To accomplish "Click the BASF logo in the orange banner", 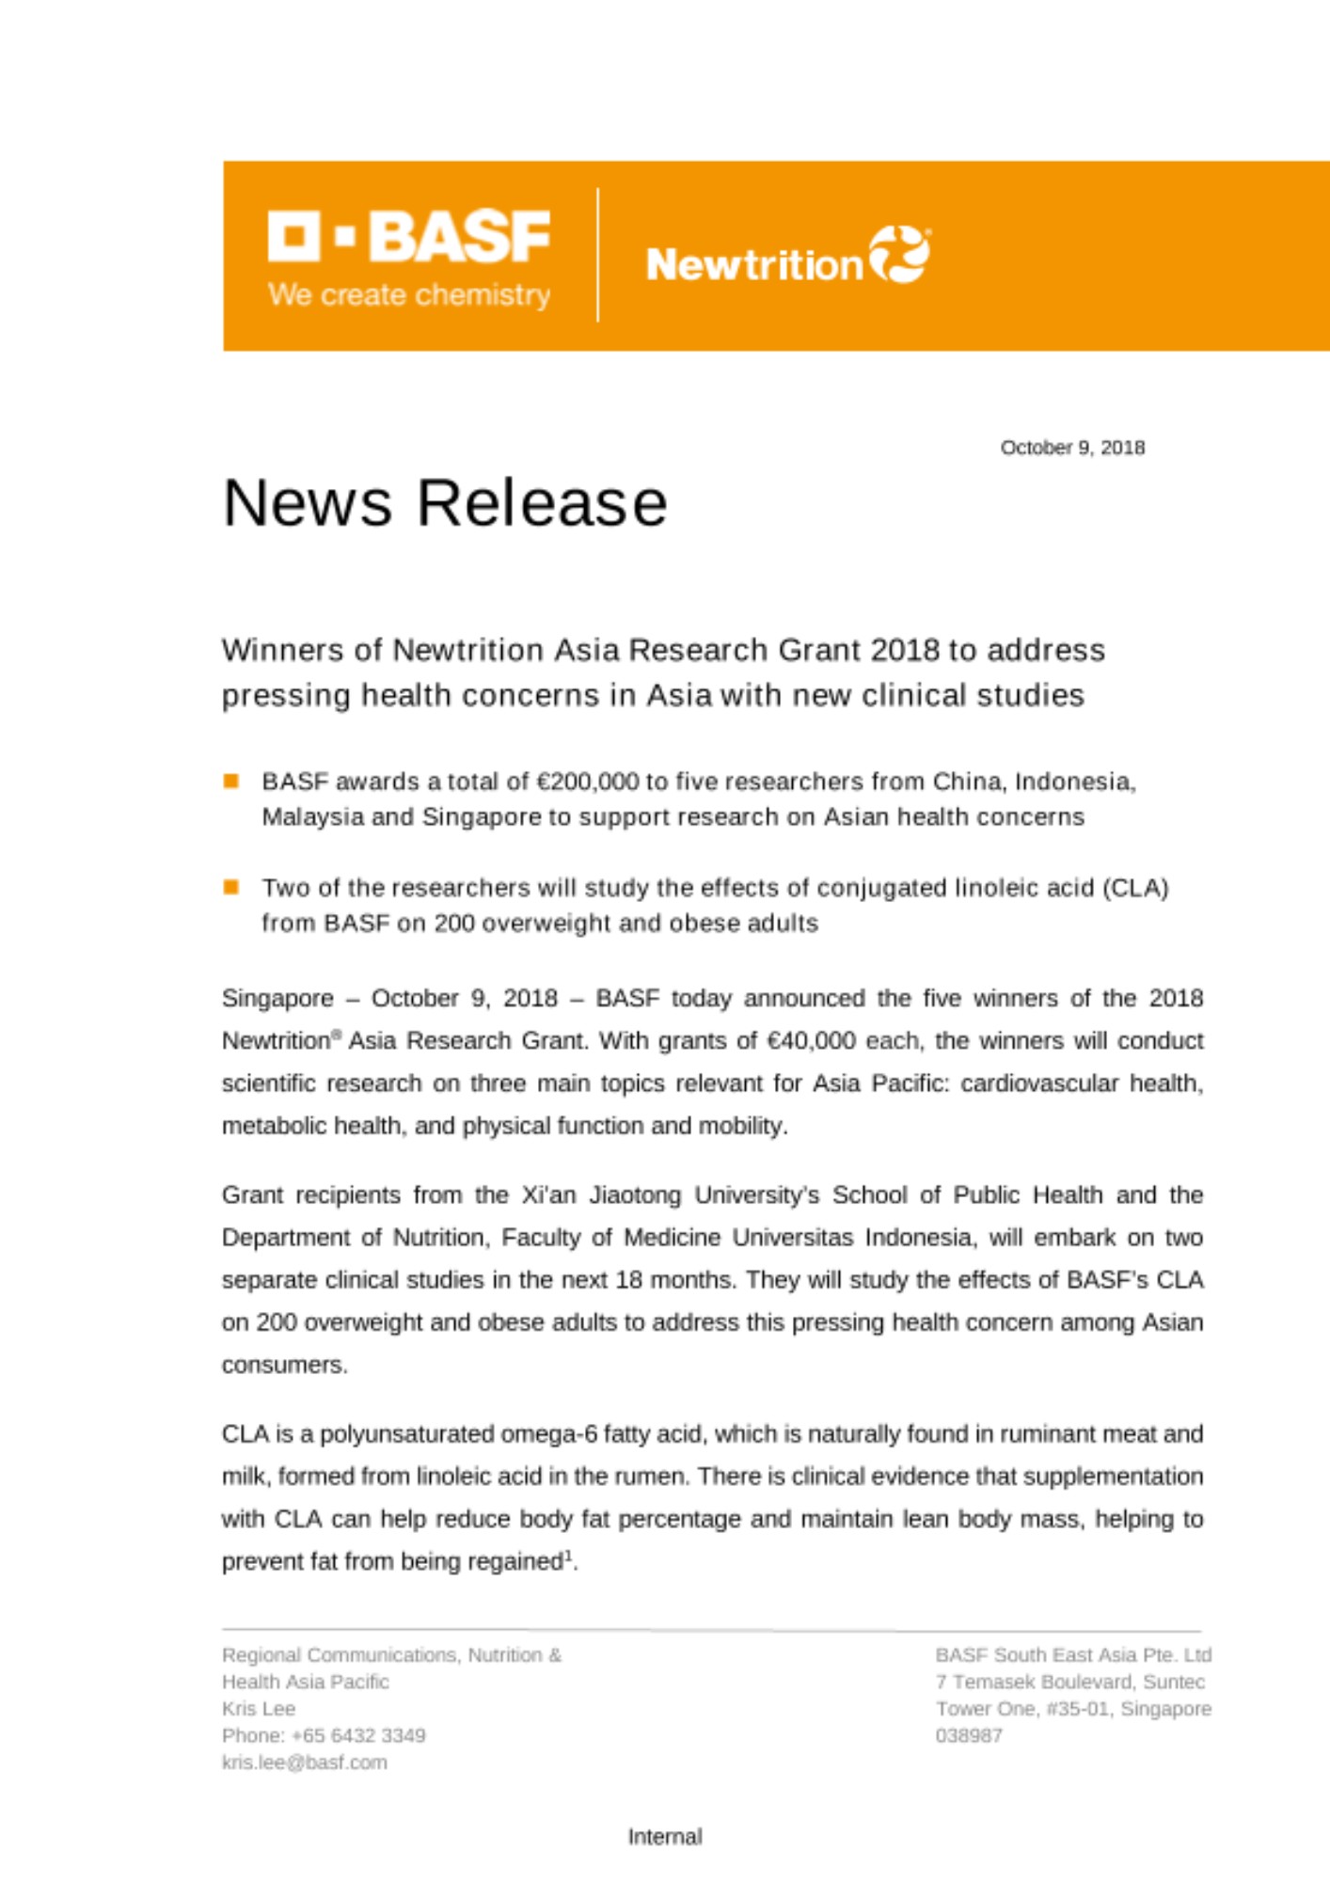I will tap(409, 236).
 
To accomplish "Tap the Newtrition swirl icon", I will tap(899, 254).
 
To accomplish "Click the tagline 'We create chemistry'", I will tap(409, 295).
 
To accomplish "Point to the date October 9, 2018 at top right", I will tap(1072, 448).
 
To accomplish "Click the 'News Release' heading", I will tap(445, 503).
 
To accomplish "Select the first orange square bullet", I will tap(231, 781).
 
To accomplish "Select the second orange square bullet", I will tap(231, 887).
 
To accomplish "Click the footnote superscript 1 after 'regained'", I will tap(568, 1556).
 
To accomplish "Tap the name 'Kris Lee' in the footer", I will tap(259, 1709).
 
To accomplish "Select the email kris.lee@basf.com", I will tap(305, 1762).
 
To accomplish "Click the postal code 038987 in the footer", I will tap(969, 1735).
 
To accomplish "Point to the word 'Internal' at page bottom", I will tap(665, 1837).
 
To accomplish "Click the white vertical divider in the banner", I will tap(597, 255).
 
